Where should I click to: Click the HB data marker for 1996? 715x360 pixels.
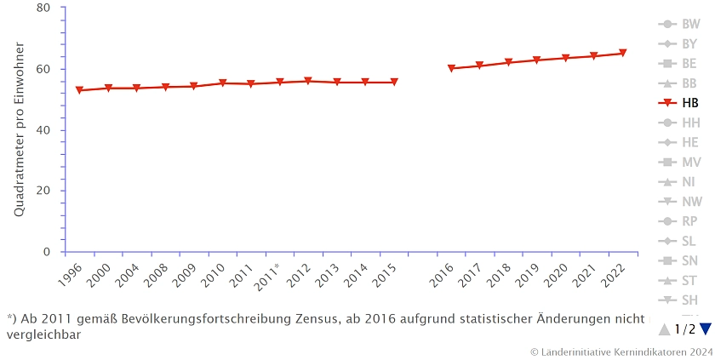click(x=79, y=90)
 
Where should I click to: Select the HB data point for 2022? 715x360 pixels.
click(x=622, y=54)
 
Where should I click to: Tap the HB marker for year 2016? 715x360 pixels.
click(x=451, y=68)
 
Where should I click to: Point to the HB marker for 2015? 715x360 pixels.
click(x=394, y=83)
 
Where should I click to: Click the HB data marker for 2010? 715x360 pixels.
click(x=222, y=83)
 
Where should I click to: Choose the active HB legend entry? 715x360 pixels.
click(x=690, y=103)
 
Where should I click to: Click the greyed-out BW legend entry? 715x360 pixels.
click(x=690, y=24)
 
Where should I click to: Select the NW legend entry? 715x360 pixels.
click(x=690, y=202)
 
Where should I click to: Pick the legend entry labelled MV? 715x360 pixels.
click(x=690, y=162)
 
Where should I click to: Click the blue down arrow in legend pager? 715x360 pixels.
click(x=705, y=329)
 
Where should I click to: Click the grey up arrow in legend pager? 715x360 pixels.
click(x=665, y=329)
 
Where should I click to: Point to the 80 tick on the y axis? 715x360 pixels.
click(x=45, y=8)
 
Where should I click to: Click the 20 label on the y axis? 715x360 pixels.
click(x=45, y=191)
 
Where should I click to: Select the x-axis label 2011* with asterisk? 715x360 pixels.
click(x=267, y=276)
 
